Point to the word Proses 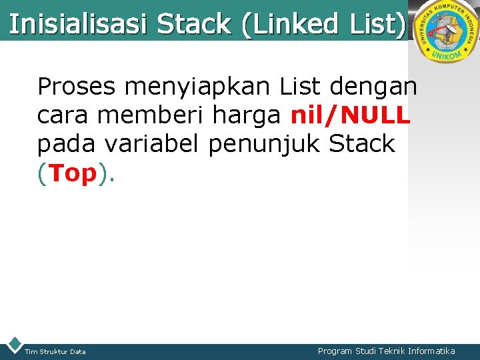77,87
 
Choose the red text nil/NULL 351,115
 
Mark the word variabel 149,144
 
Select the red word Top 73,173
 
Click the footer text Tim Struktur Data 55,351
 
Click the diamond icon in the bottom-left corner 13,345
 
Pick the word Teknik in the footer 391,351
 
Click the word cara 63,115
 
